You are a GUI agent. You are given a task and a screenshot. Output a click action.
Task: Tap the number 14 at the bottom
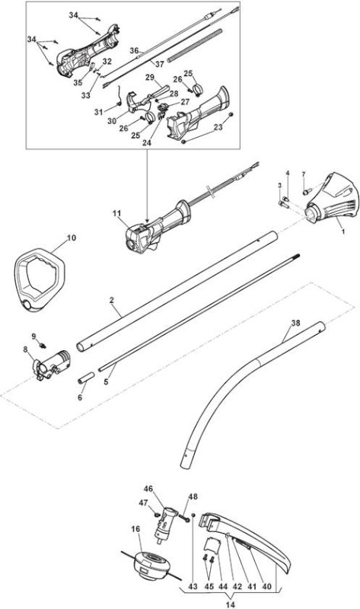231,604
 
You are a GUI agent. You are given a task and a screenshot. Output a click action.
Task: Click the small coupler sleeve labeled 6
86,378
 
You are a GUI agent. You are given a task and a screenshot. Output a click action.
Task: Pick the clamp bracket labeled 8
51,363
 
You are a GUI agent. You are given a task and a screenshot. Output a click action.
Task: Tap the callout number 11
117,213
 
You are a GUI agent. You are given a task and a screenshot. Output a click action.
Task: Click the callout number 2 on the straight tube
111,300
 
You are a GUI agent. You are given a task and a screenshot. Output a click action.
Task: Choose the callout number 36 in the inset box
134,50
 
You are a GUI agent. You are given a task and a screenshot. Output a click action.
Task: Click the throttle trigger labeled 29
158,92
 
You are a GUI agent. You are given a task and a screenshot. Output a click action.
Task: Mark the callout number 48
193,497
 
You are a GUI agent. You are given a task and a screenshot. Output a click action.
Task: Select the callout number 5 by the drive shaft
106,381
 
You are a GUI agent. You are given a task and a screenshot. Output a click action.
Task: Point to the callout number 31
99,112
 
